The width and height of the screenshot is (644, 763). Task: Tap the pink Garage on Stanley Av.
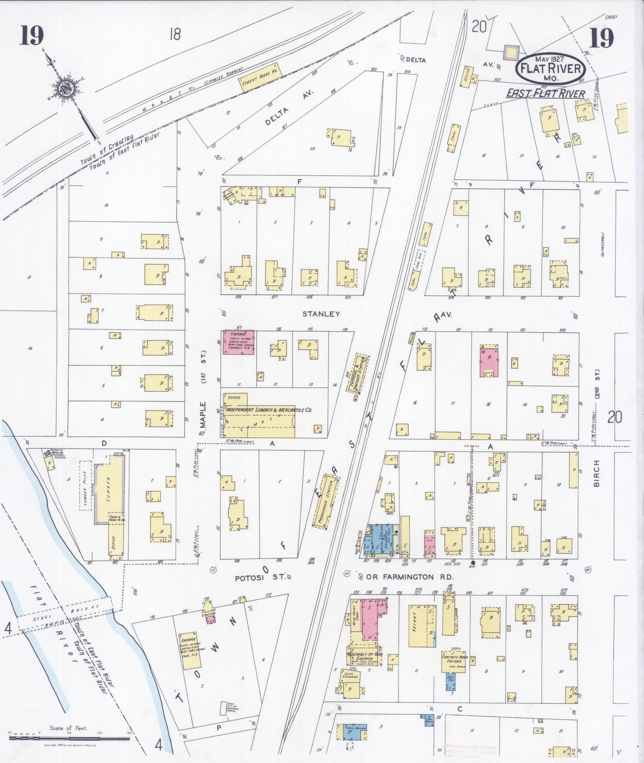(x=239, y=343)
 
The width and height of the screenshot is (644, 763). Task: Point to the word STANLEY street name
(x=321, y=314)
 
